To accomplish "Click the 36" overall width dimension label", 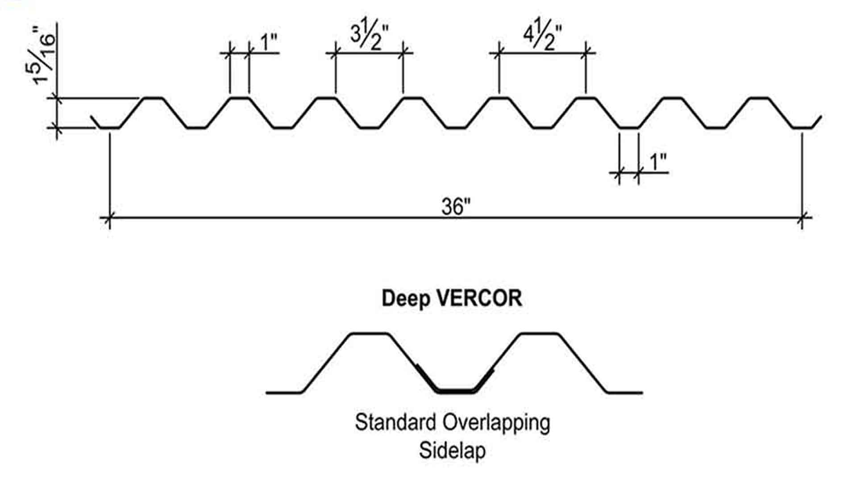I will tap(456, 207).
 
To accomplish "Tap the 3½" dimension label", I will tap(369, 37).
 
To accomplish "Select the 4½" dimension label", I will tap(542, 37).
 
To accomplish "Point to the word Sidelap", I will tap(452, 450).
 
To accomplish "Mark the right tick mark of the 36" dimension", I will tap(802, 218).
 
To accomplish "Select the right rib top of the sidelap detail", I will tap(540, 333).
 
